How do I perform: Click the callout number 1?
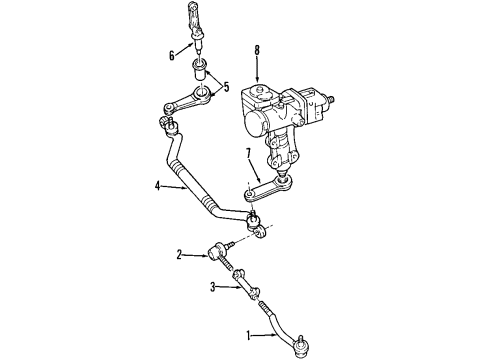click(x=249, y=335)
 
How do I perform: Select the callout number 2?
click(x=180, y=256)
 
